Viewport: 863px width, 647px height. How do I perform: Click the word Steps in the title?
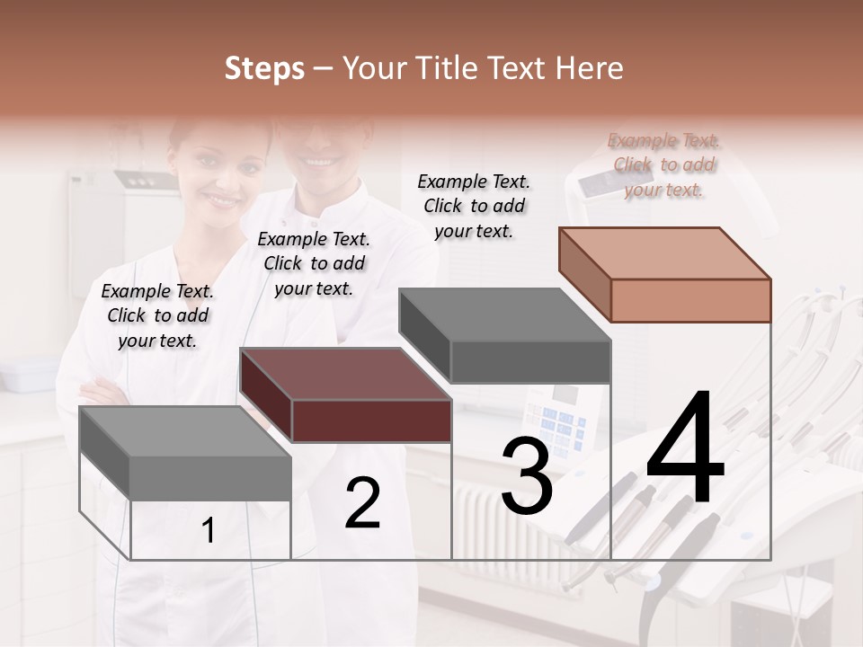264,68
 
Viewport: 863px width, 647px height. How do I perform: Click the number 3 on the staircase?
527,477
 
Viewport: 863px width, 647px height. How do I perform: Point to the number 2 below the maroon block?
362,503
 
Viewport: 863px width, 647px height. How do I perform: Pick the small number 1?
209,531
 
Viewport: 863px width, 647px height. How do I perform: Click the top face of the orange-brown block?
664,253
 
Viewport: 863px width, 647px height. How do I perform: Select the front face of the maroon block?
371,420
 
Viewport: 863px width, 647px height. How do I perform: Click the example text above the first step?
157,315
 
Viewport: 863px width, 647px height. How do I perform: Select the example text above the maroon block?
314,263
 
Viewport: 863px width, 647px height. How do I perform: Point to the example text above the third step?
474,206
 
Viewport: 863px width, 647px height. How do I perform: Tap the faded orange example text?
663,164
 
